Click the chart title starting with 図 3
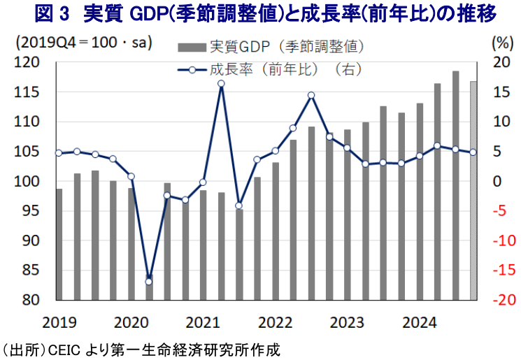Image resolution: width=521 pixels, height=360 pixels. pyautogui.click(x=260, y=13)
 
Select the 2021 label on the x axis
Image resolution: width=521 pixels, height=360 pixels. pyautogui.click(x=202, y=323)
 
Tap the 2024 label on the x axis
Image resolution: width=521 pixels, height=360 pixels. pyautogui.click(x=419, y=323)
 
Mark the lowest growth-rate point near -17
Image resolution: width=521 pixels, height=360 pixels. pyautogui.click(x=149, y=282)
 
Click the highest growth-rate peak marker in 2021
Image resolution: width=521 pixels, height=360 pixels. pyautogui.click(x=221, y=84)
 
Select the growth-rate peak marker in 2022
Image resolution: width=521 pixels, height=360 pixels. pyautogui.click(x=311, y=96)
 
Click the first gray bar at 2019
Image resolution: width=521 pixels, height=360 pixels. pyautogui.click(x=59, y=244)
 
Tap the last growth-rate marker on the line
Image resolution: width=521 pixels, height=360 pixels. pyautogui.click(x=473, y=152)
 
